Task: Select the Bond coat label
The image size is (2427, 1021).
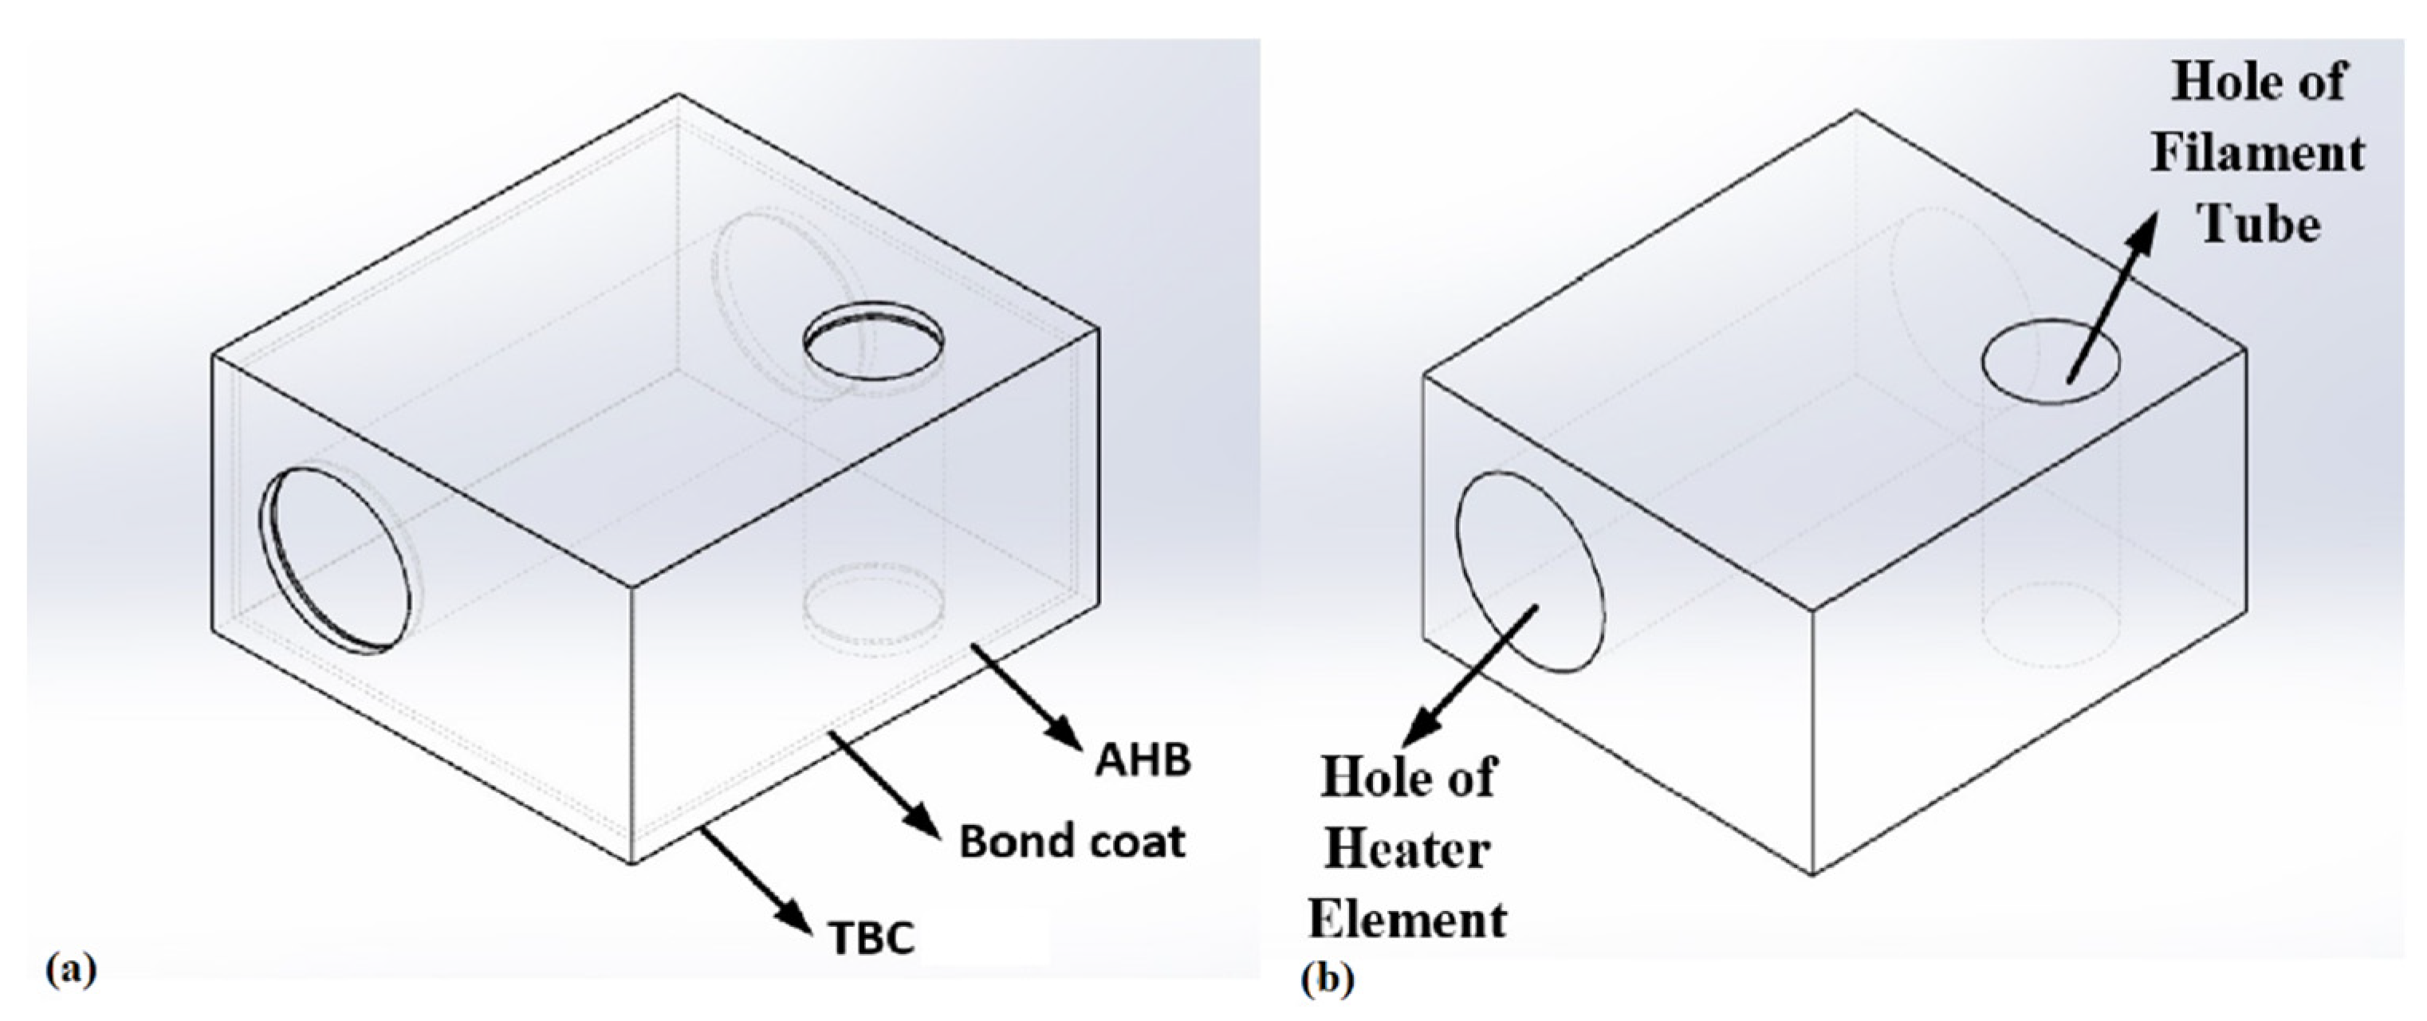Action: pyautogui.click(x=1072, y=841)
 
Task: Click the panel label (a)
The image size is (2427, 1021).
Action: pyautogui.click(x=71, y=969)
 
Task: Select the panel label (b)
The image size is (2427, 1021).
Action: pyautogui.click(x=1327, y=980)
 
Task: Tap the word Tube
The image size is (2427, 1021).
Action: pyautogui.click(x=2258, y=224)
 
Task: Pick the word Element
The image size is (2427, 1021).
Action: pyautogui.click(x=1407, y=919)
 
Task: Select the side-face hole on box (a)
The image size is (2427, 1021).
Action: pyautogui.click(x=338, y=560)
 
